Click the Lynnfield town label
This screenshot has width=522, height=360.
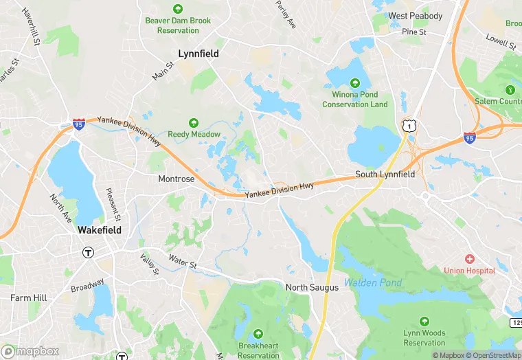(x=198, y=53)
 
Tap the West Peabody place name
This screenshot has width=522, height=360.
(x=415, y=16)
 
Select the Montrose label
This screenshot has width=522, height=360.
(x=177, y=179)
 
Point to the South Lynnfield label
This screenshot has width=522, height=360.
(x=385, y=175)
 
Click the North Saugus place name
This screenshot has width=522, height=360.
(x=312, y=287)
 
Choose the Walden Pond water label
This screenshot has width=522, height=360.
(x=373, y=282)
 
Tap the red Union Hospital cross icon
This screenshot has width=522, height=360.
(x=470, y=259)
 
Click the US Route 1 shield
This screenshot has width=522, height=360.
(x=409, y=125)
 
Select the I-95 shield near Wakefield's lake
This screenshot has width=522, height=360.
(x=79, y=124)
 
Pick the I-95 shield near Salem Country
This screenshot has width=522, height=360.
(x=470, y=137)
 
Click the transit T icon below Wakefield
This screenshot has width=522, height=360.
(x=88, y=252)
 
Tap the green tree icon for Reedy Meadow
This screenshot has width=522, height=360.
(x=194, y=122)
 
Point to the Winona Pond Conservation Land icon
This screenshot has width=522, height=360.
(x=355, y=81)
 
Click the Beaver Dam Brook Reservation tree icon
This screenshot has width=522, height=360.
(x=178, y=9)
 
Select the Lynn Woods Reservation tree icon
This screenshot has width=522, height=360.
(x=424, y=321)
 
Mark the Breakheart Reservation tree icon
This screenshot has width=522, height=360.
(x=258, y=334)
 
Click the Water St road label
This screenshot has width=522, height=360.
(x=183, y=262)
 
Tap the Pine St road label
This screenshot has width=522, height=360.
(x=414, y=32)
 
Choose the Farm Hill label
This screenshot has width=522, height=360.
(x=28, y=298)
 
